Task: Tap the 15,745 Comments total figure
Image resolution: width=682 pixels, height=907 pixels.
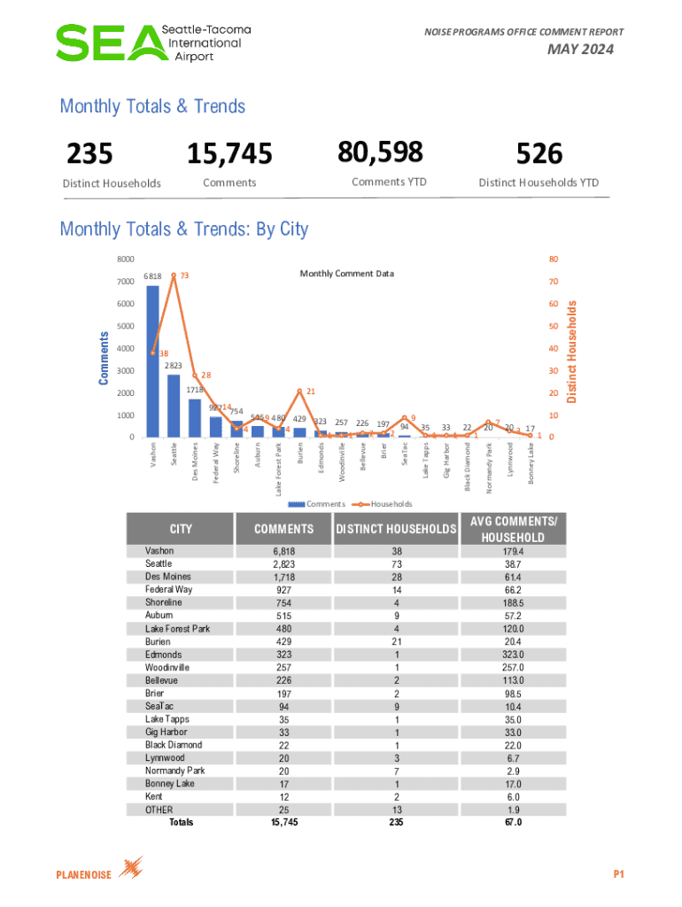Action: (x=229, y=155)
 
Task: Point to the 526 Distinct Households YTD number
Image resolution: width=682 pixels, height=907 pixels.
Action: (x=539, y=155)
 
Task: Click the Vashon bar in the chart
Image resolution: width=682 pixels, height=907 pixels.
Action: (x=152, y=361)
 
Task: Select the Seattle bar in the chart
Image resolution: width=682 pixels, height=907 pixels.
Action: (x=174, y=406)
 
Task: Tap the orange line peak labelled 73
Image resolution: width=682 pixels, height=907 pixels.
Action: (x=174, y=275)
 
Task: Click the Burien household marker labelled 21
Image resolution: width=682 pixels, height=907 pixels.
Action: (x=299, y=391)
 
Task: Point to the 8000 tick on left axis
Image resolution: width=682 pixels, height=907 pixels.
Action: (x=126, y=260)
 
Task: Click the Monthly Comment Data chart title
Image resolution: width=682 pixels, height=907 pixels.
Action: (x=346, y=273)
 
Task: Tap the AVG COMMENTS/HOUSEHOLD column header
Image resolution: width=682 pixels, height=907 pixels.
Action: (x=515, y=530)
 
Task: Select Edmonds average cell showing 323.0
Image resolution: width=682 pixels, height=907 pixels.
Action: (x=515, y=655)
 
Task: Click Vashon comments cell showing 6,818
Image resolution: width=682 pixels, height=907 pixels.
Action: (x=284, y=551)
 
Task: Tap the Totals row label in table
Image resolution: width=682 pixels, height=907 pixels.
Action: (x=181, y=822)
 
